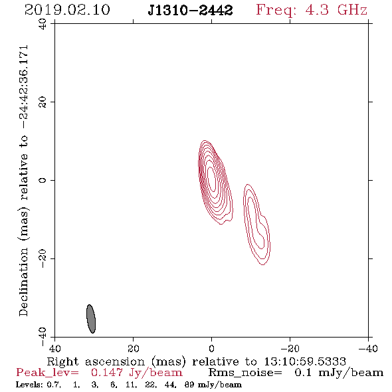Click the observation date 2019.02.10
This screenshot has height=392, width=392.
click(x=67, y=10)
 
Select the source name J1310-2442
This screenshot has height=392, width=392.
click(x=190, y=10)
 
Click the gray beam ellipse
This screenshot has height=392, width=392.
click(x=91, y=319)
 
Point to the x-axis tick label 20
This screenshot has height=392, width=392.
click(x=133, y=348)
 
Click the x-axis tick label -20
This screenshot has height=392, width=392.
click(x=290, y=348)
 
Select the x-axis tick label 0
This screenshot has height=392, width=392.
click(x=211, y=348)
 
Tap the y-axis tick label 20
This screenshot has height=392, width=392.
click(x=43, y=102)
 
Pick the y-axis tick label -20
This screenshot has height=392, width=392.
click(x=43, y=258)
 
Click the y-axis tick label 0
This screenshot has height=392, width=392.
click(x=43, y=180)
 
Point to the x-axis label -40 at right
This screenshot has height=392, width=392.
click(x=368, y=348)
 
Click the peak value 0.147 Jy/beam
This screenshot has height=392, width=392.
click(x=136, y=373)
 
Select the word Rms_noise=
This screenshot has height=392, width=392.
click(x=245, y=373)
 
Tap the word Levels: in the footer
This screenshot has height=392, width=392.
click(x=29, y=385)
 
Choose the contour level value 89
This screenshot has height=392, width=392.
click(x=189, y=385)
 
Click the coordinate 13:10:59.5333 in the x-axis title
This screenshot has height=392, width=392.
click(x=305, y=361)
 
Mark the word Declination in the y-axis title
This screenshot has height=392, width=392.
click(x=23, y=282)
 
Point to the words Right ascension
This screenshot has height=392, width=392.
click(x=96, y=361)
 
